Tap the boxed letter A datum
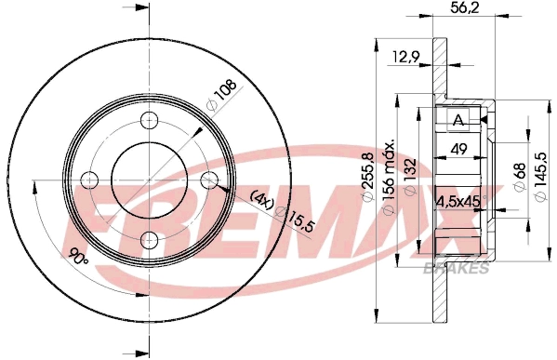pyautogui.click(x=458, y=120)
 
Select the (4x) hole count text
pyautogui.click(x=263, y=196)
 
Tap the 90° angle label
pyautogui.click(x=78, y=253)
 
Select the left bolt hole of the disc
pyautogui.click(x=89, y=180)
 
